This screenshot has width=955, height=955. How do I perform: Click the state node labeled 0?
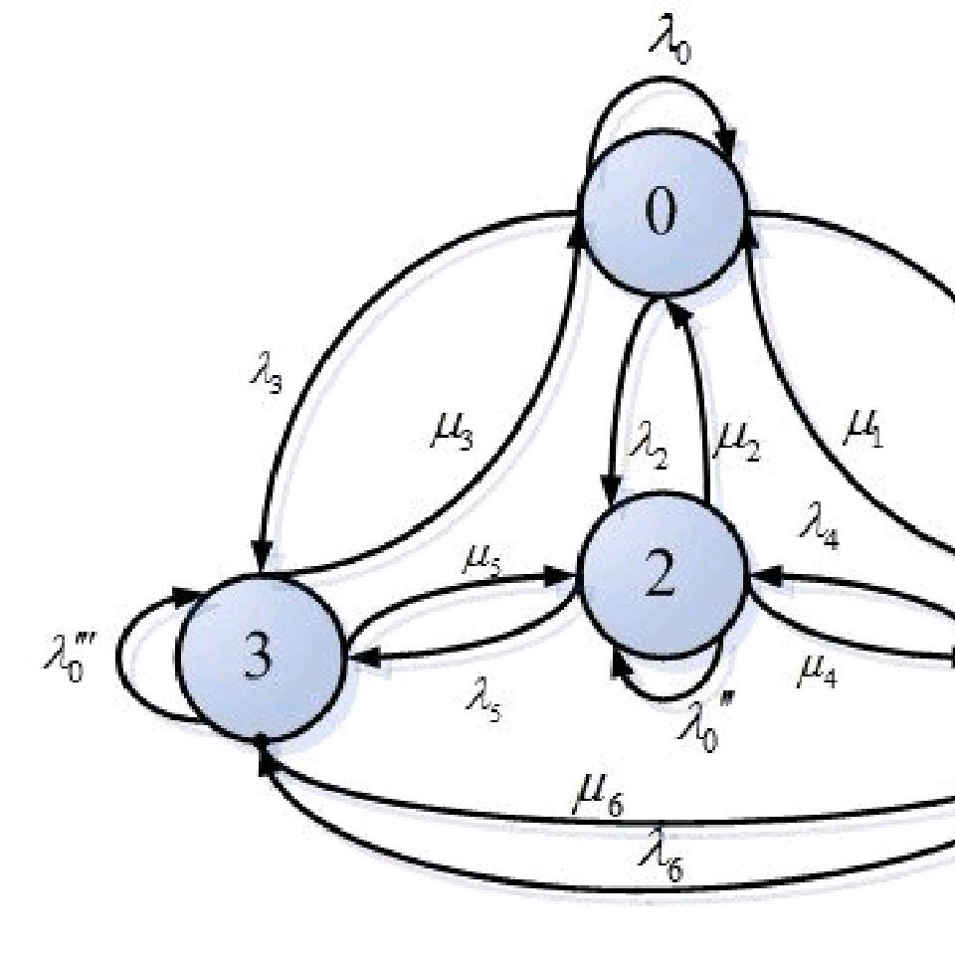tap(663, 213)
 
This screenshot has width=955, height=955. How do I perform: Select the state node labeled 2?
tap(662, 575)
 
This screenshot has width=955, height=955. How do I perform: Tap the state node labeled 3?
tap(260, 657)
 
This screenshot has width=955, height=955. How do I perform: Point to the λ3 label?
tap(265, 376)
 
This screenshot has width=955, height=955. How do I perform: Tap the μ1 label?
tap(862, 427)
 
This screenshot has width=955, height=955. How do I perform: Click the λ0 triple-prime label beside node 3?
tap(68, 659)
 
